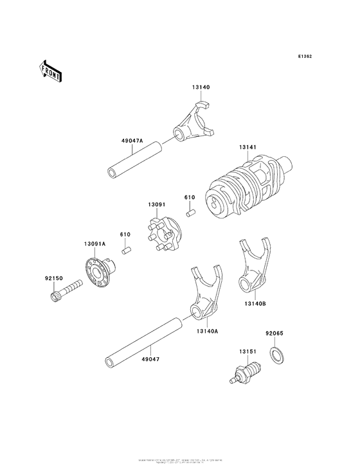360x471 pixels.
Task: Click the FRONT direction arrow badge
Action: [x=51, y=70]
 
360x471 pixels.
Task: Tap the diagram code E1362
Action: [x=305, y=57]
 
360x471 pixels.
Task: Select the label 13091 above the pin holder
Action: [x=157, y=204]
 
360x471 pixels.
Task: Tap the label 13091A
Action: [x=94, y=244]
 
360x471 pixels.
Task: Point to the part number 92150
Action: [x=53, y=278]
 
